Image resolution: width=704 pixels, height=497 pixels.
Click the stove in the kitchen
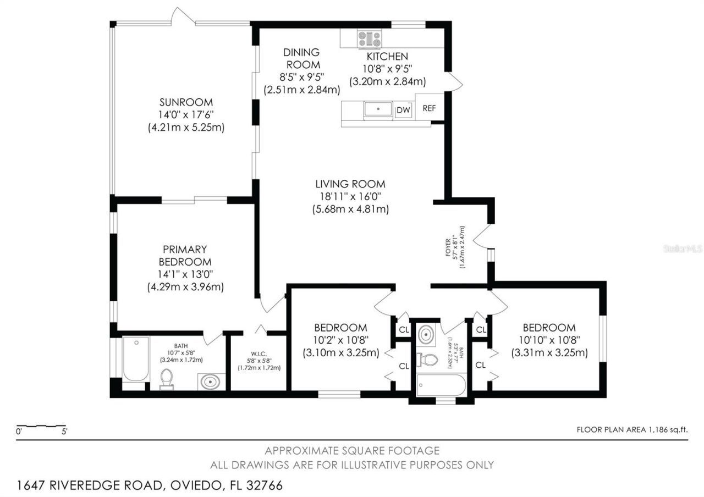pyautogui.click(x=370, y=39)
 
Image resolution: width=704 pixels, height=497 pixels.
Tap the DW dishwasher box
pyautogui.click(x=404, y=110)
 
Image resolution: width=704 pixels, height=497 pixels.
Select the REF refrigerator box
pyautogui.click(x=429, y=108)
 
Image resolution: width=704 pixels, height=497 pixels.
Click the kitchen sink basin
pyautogui.click(x=378, y=109)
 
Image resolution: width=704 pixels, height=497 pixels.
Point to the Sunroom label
pyautogui.click(x=178, y=102)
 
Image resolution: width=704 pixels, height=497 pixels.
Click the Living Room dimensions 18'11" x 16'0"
pyautogui.click(x=350, y=196)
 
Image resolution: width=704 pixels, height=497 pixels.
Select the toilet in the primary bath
pyautogui.click(x=166, y=378)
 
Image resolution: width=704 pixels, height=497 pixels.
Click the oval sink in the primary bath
pyautogui.click(x=210, y=381)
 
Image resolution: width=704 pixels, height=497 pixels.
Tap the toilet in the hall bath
pyautogui.click(x=427, y=361)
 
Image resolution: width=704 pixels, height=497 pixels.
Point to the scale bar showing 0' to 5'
pyautogui.click(x=42, y=427)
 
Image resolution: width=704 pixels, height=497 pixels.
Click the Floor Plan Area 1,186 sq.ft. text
pyautogui.click(x=632, y=430)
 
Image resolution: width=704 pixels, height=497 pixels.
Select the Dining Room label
pyautogui.click(x=301, y=58)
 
